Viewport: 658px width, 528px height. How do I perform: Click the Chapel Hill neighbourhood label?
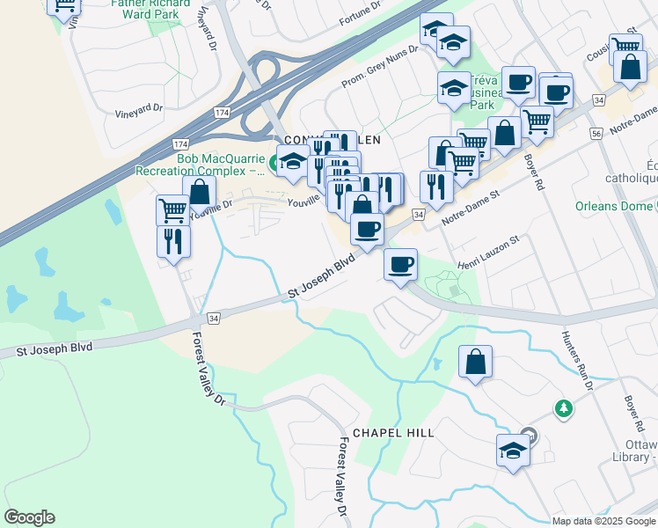393,433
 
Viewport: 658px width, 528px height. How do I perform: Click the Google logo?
29,517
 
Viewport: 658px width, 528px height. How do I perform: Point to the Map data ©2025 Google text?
603,521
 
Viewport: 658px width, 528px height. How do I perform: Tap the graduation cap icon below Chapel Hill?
513,450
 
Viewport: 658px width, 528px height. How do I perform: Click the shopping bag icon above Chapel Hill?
475,361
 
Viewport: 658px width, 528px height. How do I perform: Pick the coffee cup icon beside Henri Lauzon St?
401,263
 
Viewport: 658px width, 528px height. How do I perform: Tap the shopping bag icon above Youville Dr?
200,190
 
